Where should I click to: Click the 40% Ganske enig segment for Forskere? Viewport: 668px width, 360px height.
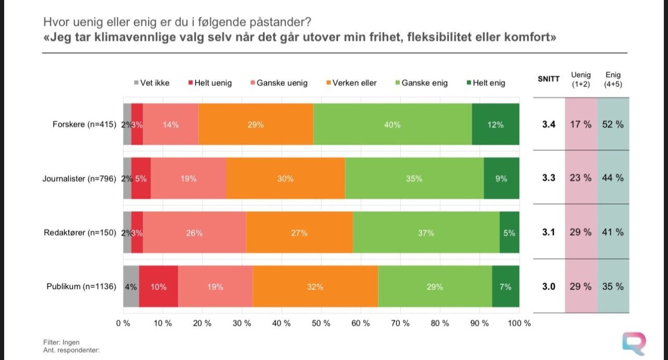point(392,125)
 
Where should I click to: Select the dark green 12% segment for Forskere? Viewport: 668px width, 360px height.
point(495,125)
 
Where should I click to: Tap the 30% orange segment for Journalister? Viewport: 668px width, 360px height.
point(285,178)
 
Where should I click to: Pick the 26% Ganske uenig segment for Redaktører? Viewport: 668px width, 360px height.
point(194,233)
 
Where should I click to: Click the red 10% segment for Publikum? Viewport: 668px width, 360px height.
point(159,286)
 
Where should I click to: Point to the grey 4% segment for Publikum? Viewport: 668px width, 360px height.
point(130,286)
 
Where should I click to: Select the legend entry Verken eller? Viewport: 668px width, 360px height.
point(351,83)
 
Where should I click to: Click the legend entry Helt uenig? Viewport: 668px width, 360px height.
point(210,83)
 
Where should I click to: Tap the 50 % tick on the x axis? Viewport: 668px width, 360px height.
point(321,323)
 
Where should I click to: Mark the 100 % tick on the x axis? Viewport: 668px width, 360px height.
point(519,323)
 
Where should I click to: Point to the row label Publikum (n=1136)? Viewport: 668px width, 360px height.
point(81,286)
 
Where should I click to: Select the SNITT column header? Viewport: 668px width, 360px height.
point(548,79)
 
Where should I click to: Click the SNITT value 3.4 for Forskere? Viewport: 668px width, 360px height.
point(548,125)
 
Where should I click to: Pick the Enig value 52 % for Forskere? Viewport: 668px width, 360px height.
point(613,125)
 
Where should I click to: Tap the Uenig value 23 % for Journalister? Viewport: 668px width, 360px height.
point(580,178)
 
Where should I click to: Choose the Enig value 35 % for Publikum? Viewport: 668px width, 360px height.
point(613,286)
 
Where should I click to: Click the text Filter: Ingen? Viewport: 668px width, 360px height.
point(62,342)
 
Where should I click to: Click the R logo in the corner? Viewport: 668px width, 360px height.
point(635,343)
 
